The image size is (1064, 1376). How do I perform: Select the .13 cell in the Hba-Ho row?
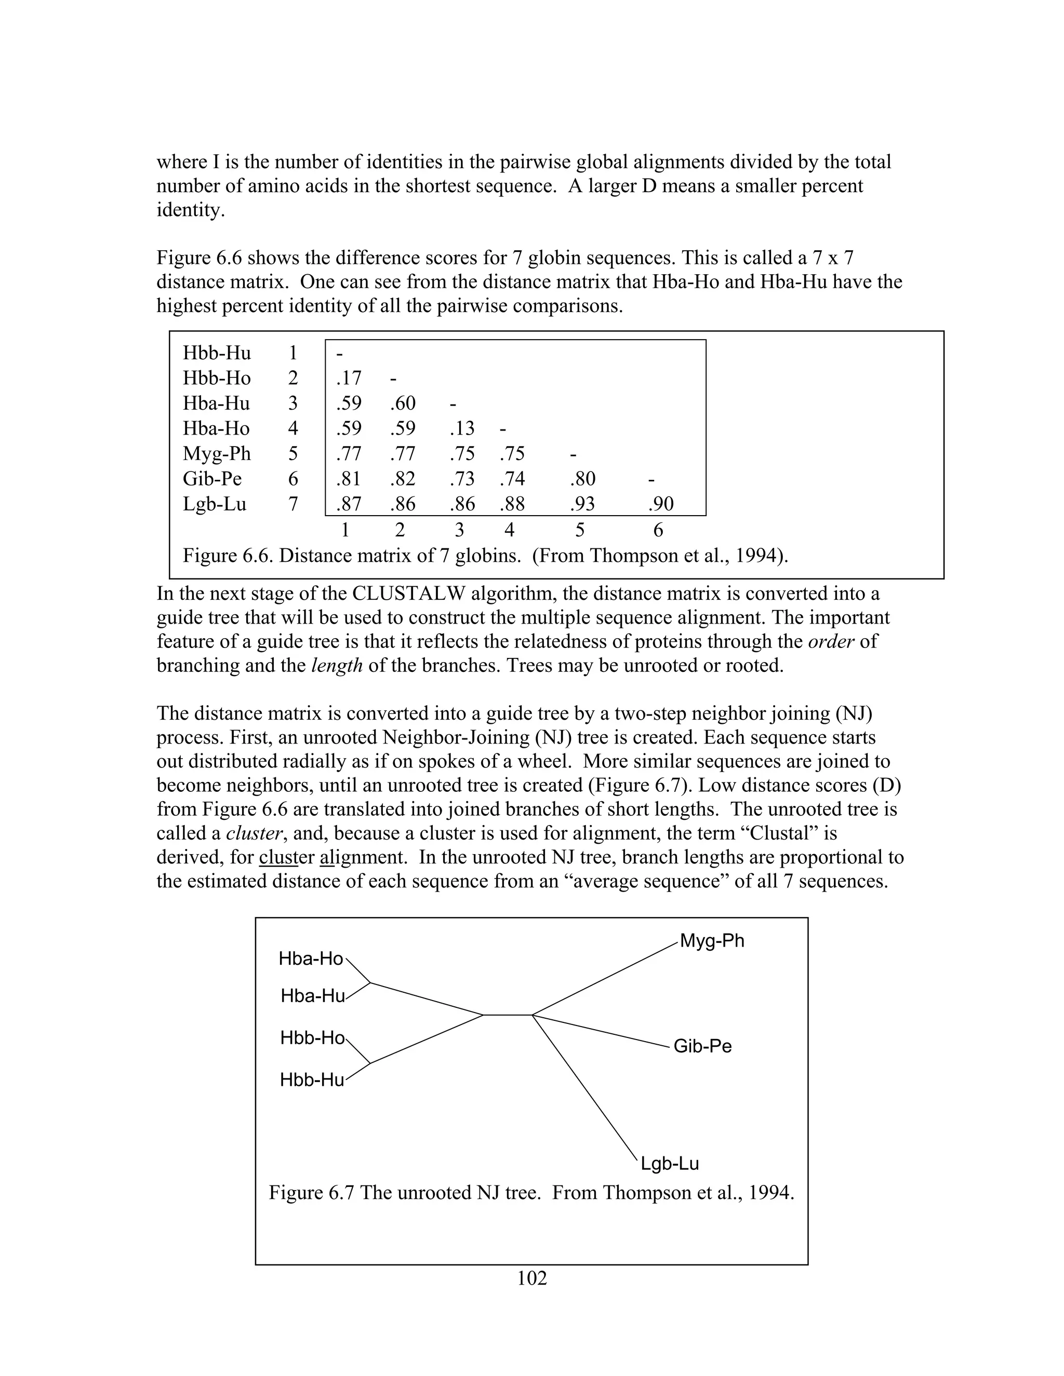point(462,428)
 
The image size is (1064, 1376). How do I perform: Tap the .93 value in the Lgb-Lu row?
point(582,504)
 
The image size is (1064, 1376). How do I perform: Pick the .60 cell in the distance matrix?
point(403,403)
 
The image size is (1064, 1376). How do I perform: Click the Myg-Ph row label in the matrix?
point(216,454)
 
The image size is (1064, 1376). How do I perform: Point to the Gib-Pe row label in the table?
point(212,479)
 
